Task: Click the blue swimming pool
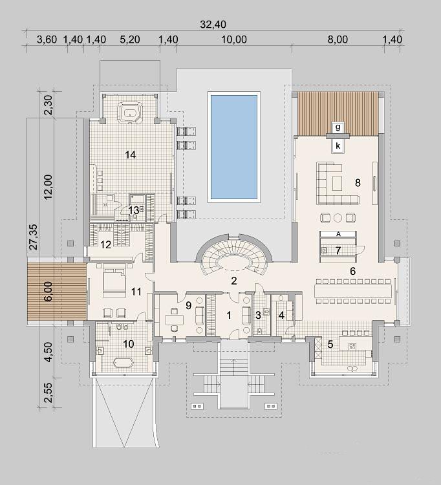tap(234, 147)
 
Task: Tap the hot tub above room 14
tap(130, 114)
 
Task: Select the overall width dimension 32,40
tap(213, 25)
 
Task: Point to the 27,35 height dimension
tap(33, 237)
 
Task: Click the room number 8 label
tap(358, 183)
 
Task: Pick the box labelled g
tap(338, 127)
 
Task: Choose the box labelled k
tap(338, 145)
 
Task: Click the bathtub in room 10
tap(124, 363)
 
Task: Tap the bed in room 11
tap(114, 279)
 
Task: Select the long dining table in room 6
tap(352, 291)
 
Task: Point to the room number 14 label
tap(131, 155)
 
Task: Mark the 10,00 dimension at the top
tap(234, 39)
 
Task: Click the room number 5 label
tap(330, 344)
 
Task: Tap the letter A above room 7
tap(338, 234)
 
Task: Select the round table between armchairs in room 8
tap(338, 218)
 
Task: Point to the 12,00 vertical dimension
tap(48, 187)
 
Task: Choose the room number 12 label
tap(105, 245)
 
